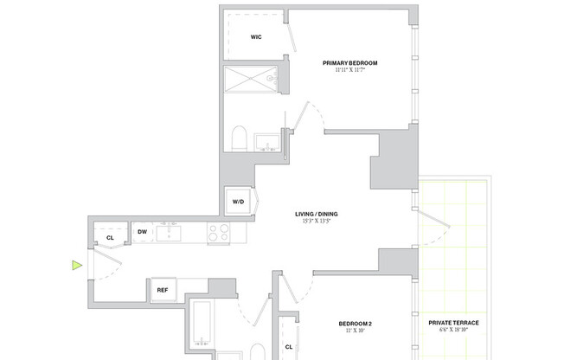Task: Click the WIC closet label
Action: (256, 37)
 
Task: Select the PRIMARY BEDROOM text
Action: (350, 62)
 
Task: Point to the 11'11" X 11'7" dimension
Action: (350, 70)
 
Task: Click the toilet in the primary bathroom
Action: (240, 138)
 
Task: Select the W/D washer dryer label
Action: (237, 202)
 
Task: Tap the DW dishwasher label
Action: (143, 232)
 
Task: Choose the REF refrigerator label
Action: (162, 290)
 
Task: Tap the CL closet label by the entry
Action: (110, 237)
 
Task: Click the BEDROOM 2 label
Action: (355, 325)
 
